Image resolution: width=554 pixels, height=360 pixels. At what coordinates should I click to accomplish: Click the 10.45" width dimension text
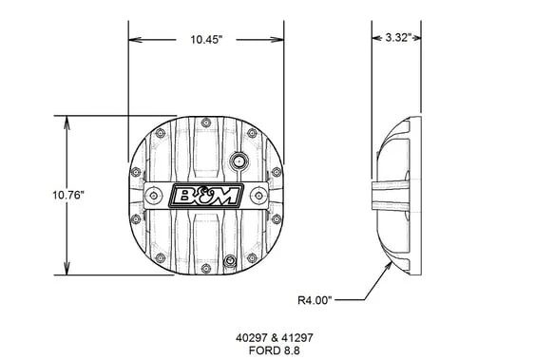(206, 39)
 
